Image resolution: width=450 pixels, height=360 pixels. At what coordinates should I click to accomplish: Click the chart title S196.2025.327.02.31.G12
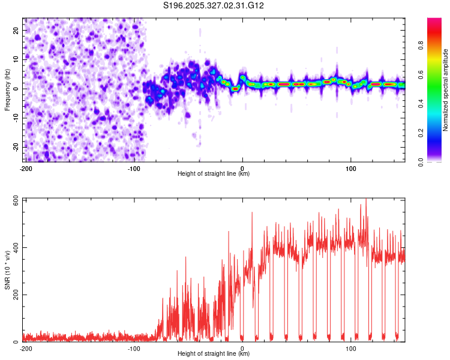[x=214, y=5]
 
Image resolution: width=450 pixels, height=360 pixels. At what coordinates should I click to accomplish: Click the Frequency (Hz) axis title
[x=8, y=89]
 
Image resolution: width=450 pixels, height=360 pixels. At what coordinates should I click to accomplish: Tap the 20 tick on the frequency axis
[x=17, y=30]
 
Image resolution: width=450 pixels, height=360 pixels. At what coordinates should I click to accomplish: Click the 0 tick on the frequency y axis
[x=19, y=89]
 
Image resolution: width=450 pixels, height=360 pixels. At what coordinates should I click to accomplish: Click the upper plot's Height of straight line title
[x=214, y=174]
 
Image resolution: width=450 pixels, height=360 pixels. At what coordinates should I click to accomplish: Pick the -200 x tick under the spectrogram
[x=25, y=168]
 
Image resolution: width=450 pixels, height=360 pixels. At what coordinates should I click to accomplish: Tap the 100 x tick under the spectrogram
[x=351, y=168]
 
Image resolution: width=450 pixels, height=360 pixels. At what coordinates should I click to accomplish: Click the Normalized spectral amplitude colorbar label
[x=446, y=89]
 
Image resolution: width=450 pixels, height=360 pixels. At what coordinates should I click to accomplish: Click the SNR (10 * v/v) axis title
[x=8, y=270]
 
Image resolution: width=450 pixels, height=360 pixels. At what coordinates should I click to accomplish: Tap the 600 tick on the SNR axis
[x=14, y=200]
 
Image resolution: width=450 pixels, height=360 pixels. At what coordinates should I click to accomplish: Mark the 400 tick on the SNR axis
[x=14, y=248]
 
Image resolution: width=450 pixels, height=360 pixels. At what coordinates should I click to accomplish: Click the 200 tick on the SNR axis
[x=14, y=295]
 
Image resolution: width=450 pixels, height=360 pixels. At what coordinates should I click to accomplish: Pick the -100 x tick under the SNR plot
[x=134, y=348]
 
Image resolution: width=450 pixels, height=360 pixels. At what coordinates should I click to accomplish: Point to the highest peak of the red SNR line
[x=365, y=200]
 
